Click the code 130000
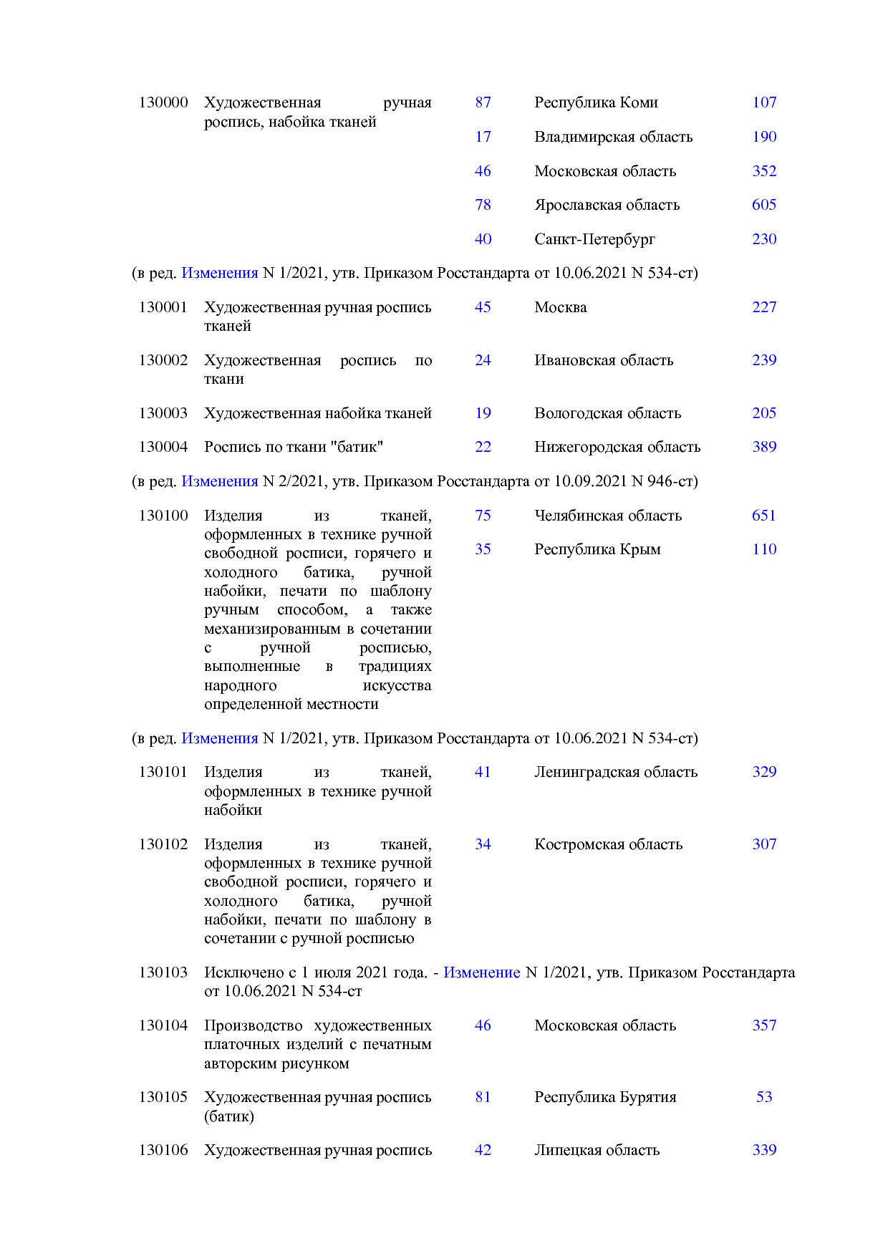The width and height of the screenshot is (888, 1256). tap(163, 102)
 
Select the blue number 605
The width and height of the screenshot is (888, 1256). tap(764, 205)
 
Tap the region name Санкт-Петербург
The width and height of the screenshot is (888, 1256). tap(594, 239)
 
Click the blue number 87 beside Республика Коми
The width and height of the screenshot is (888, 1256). tap(483, 102)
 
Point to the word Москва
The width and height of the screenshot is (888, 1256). tap(560, 307)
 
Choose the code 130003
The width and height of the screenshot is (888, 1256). tap(163, 413)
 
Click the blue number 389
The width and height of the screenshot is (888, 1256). tap(764, 447)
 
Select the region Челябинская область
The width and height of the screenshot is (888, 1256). tap(607, 516)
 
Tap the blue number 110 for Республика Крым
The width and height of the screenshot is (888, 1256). tap(764, 549)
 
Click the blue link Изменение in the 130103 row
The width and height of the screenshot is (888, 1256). tap(481, 972)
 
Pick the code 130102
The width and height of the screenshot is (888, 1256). tap(163, 844)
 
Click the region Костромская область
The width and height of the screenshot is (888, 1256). tap(608, 844)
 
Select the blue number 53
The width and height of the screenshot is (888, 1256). tap(764, 1097)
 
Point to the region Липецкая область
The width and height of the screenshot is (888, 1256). tap(597, 1150)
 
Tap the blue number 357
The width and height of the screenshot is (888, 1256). tap(764, 1025)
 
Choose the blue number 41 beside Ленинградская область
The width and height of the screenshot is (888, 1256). tap(483, 772)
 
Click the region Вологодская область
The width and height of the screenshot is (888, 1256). tap(607, 413)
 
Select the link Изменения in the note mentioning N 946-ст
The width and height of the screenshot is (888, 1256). tap(219, 481)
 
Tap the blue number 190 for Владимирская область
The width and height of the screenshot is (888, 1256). tap(764, 137)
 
